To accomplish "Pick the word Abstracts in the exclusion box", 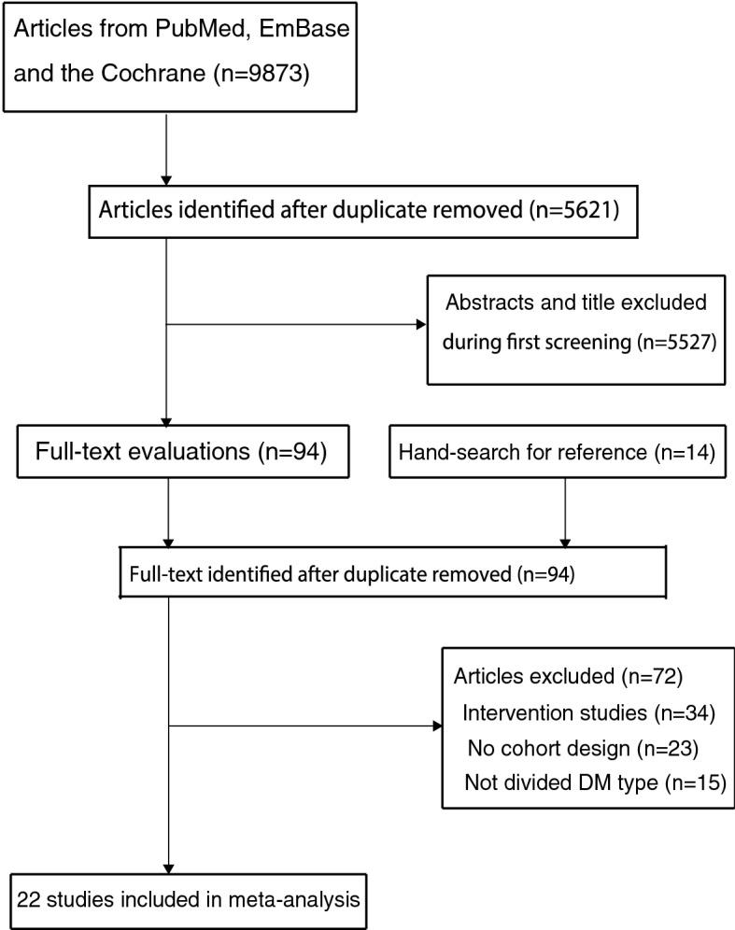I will tap(487, 303).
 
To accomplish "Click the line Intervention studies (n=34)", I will tap(588, 713).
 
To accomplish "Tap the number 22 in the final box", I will tap(28, 902).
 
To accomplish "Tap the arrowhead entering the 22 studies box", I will tap(167, 867).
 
